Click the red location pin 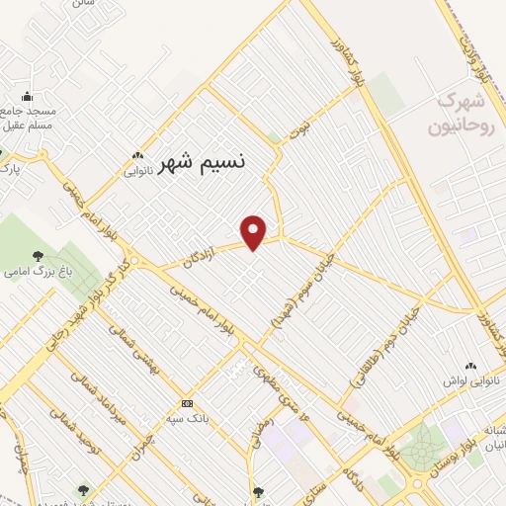[255, 232]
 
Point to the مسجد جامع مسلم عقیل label [28, 120]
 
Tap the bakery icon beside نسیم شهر [137, 155]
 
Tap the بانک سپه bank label [188, 418]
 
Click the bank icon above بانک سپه [188, 403]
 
